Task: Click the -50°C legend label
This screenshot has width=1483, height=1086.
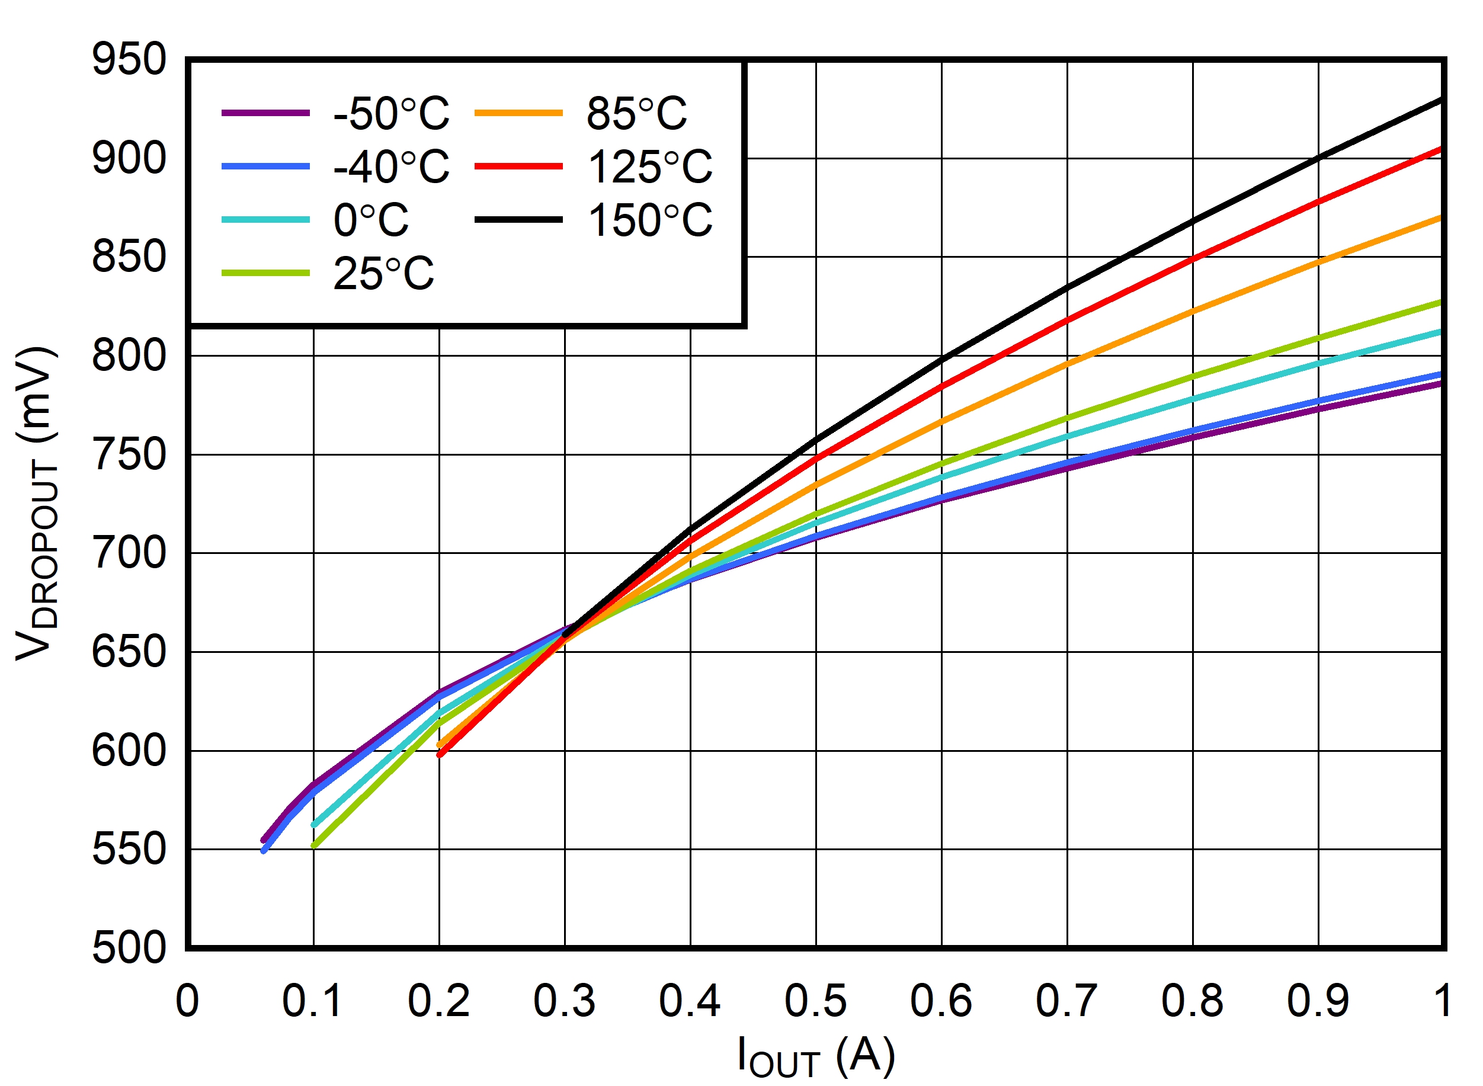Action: [391, 113]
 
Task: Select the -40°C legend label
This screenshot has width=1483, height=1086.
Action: [391, 166]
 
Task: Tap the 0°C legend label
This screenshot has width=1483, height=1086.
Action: [371, 220]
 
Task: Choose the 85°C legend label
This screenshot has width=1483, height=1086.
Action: [636, 113]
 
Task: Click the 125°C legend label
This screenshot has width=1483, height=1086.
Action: [649, 166]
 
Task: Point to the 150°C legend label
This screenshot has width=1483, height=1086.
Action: [649, 220]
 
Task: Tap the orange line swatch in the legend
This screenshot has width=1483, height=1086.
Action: [518, 113]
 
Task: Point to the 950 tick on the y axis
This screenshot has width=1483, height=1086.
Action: [129, 59]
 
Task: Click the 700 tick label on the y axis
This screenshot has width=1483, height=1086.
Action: [129, 553]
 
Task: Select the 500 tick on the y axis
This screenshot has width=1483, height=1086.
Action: [129, 948]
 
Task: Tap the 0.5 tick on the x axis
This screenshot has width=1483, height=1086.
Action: [815, 1002]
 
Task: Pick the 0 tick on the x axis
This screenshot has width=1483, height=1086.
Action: [187, 1002]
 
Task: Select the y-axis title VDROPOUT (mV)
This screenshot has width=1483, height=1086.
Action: [36, 503]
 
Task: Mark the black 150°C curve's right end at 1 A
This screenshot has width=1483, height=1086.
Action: [1441, 100]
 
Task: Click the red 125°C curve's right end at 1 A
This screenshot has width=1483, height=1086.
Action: [1441, 149]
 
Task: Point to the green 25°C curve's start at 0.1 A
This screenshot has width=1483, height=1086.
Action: [314, 846]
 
